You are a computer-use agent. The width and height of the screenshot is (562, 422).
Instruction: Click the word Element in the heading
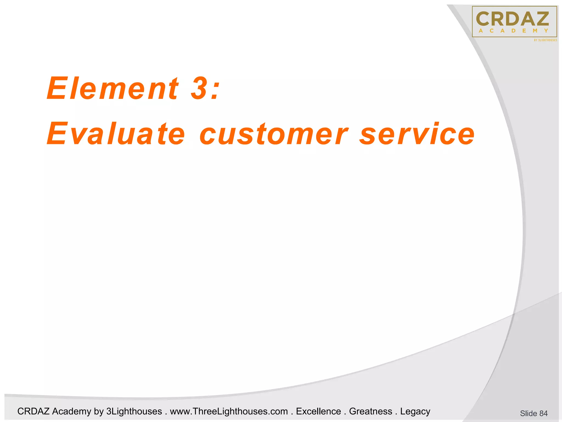[113, 88]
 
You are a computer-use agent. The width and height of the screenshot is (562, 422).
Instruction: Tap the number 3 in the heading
[198, 88]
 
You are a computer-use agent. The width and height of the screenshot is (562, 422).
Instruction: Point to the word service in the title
[417, 134]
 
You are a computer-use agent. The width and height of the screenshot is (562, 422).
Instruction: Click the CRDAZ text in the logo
[512, 19]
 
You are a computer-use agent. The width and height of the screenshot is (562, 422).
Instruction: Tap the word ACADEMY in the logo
[513, 31]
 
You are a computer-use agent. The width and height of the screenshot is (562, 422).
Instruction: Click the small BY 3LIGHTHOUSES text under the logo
[545, 40]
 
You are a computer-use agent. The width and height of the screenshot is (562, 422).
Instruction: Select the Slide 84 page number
[533, 413]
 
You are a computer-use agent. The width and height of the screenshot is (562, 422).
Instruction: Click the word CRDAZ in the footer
[33, 411]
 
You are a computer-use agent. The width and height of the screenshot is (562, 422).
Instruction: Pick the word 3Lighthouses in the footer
[134, 411]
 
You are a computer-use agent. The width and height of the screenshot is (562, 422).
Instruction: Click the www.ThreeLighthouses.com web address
[229, 411]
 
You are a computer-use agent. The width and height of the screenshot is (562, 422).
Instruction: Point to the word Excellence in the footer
[318, 411]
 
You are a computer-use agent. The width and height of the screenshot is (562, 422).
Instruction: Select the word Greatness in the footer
[370, 411]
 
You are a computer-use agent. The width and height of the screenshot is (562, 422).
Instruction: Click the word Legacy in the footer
[415, 412]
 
